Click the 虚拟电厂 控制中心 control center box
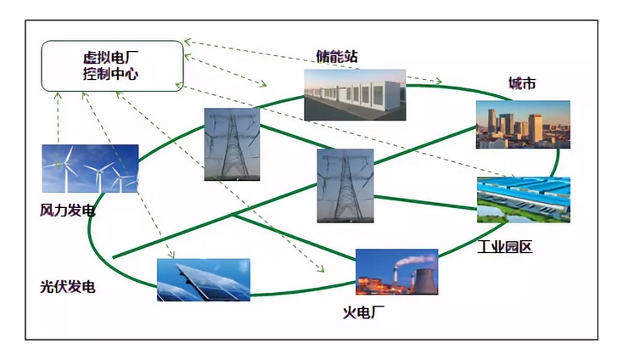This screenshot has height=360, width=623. point(111,65)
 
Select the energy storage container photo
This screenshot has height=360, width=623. point(355,94)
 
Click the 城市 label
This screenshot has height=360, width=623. point(521,83)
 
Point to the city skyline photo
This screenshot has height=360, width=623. point(522,125)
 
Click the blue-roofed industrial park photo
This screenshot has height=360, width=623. point(523,200)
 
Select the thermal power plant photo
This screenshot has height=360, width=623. point(396,272)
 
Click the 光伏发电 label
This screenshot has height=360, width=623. point(67,287)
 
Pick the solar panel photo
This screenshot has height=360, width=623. point(203,279)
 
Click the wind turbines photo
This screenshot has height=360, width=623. point(90,169)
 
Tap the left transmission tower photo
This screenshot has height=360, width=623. point(231,143)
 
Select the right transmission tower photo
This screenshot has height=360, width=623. point(345,186)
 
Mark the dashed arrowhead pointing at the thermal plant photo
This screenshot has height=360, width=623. point(323,269)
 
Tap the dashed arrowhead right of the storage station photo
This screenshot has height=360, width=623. point(440,82)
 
